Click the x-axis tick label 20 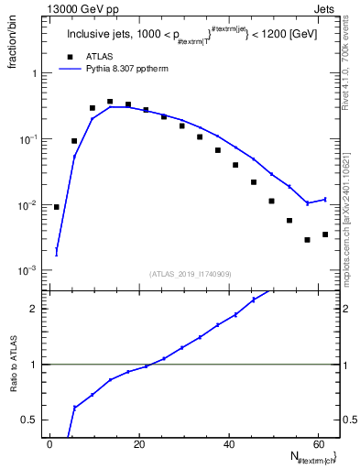tap(139, 444)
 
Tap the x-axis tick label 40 tap(228, 444)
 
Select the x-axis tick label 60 tap(317, 444)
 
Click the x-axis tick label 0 tap(50, 444)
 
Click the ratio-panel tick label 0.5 tap(33, 420)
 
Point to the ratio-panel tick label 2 tap(38, 309)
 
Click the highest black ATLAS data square tap(110, 102)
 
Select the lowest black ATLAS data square tap(308, 240)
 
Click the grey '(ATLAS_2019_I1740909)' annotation tap(191, 274)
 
